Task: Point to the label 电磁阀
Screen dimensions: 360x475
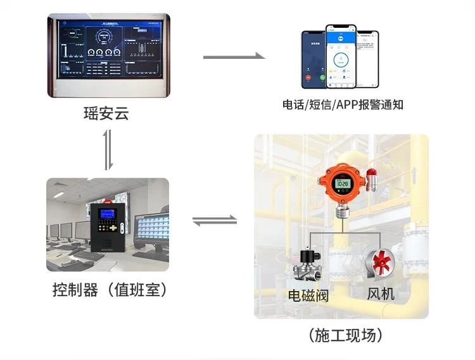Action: tap(308, 295)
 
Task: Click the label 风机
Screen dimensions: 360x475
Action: tap(381, 294)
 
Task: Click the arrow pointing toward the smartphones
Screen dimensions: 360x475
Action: tap(234, 57)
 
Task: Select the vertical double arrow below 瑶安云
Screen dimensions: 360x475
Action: tap(108, 149)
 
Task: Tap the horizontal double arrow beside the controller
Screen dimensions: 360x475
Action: tap(214, 221)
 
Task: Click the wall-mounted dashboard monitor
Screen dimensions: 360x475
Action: tap(108, 56)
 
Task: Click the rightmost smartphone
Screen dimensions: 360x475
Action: tap(367, 59)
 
